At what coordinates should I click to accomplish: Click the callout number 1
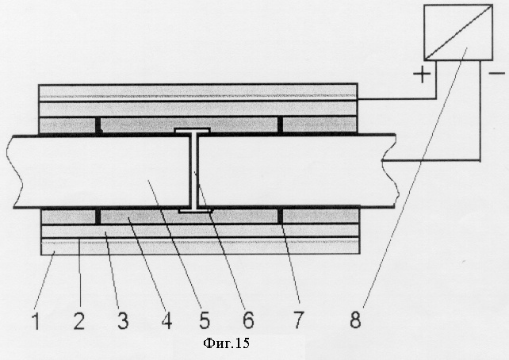[36, 320]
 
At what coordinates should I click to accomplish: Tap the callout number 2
[78, 320]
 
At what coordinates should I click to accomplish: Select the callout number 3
[123, 320]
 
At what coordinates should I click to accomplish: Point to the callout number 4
[166, 320]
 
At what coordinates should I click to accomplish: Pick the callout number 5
[205, 320]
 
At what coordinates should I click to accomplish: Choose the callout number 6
[248, 320]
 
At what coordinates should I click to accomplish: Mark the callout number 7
[298, 320]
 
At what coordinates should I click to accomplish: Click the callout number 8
[355, 320]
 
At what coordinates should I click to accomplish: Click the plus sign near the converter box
[422, 75]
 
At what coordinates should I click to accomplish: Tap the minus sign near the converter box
[497, 74]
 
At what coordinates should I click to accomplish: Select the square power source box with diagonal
[458, 33]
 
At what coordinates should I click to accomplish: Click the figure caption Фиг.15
[226, 343]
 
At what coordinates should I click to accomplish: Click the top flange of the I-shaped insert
[192, 131]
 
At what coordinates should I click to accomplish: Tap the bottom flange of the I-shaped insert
[195, 211]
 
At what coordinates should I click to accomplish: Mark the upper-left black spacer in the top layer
[98, 125]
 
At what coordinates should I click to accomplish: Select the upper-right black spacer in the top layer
[280, 125]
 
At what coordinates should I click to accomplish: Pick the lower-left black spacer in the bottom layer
[98, 216]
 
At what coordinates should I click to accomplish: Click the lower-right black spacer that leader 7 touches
[280, 216]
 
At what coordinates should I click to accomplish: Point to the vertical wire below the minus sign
[480, 111]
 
